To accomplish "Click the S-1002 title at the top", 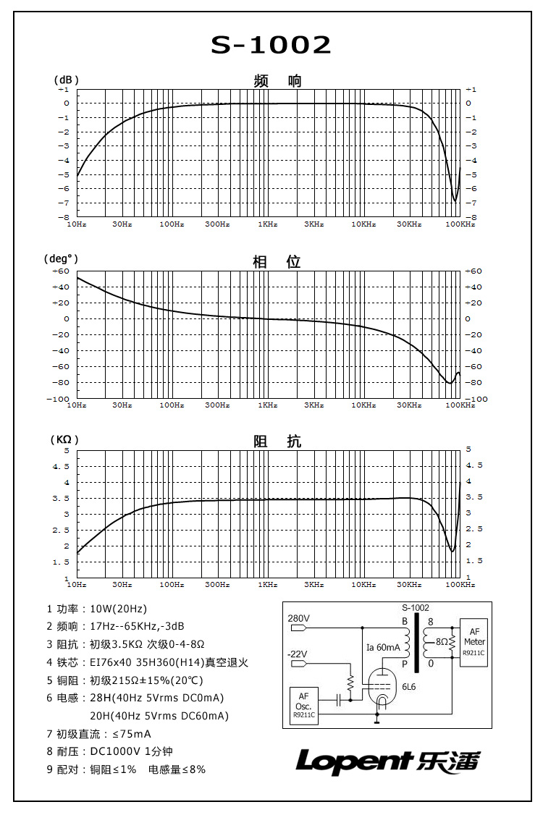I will coord(271,46).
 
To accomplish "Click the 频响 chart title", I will coord(277,81).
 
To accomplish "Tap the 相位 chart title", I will coord(277,262).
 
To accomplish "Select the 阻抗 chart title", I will coord(277,442).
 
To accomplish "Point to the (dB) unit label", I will coord(66,80).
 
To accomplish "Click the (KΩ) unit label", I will coord(64,439).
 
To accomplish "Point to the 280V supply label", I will coord(298,619).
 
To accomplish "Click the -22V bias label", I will coord(297,654).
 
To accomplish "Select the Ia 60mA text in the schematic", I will coord(382,647).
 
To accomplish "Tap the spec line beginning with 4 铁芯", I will coord(148,662).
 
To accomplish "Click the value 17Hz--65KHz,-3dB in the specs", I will coord(137,626).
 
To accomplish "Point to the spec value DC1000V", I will coord(114,751).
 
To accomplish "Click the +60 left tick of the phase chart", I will coord(60,271).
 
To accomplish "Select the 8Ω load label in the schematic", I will coord(442,641).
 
